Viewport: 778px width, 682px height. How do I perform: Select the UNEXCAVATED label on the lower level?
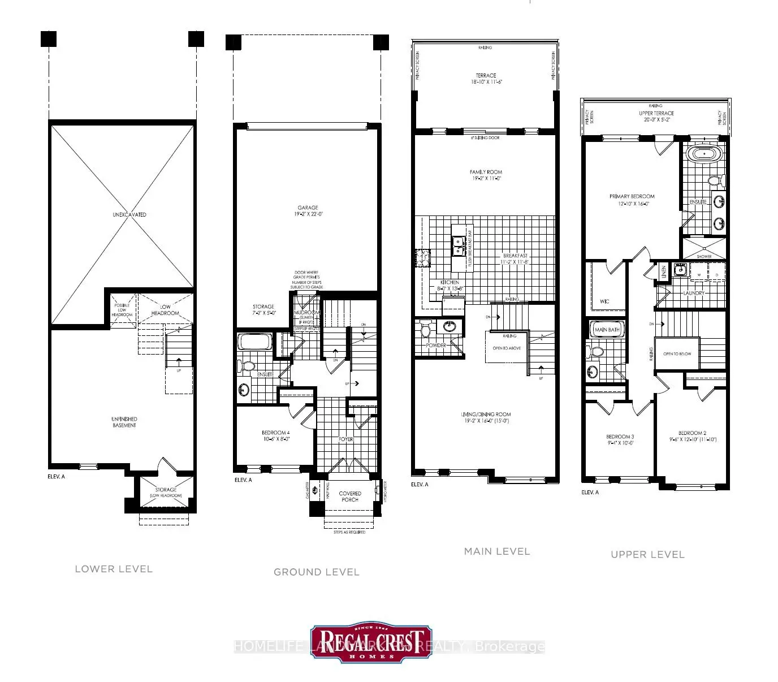click(x=129, y=215)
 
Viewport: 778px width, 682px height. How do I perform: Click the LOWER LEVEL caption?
click(x=114, y=569)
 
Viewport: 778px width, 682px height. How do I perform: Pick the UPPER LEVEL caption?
click(x=647, y=555)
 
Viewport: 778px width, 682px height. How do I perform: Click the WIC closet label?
click(x=604, y=301)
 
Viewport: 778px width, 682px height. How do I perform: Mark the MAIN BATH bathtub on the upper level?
click(x=607, y=329)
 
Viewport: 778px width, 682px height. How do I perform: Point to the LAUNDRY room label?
click(x=694, y=293)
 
